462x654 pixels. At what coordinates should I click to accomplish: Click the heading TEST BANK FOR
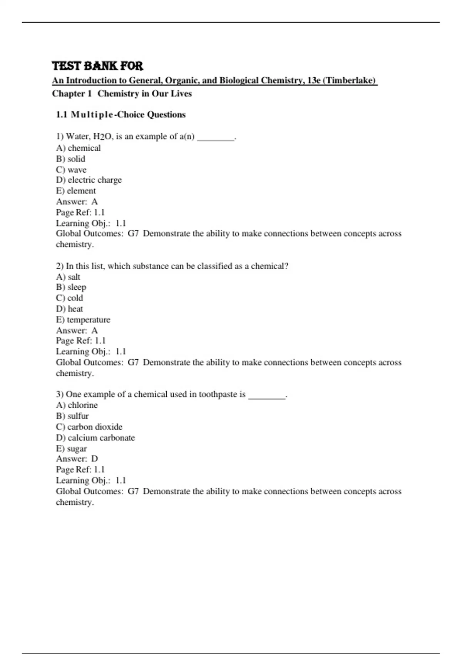pos(97,66)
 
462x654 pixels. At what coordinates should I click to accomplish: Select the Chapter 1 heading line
pos(122,93)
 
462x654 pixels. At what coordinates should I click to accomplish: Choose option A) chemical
pos(78,148)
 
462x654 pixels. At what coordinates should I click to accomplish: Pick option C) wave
pos(71,170)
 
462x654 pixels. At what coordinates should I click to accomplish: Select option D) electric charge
pos(89,180)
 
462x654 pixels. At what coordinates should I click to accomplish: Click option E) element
pos(76,191)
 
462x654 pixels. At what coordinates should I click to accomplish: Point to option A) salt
pos(68,277)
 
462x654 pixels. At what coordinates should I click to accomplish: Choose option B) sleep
pos(71,287)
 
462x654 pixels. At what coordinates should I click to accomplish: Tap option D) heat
pos(69,309)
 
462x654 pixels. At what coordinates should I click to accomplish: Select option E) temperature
pos(83,320)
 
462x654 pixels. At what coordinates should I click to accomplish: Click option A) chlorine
pos(77,405)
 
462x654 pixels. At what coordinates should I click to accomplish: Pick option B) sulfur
pos(72,416)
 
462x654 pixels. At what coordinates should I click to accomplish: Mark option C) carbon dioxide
pos(89,427)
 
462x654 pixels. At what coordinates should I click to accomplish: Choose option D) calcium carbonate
pos(95,438)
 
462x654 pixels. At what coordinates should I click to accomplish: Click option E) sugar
pos(71,449)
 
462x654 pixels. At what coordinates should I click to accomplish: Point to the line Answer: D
pos(77,459)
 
